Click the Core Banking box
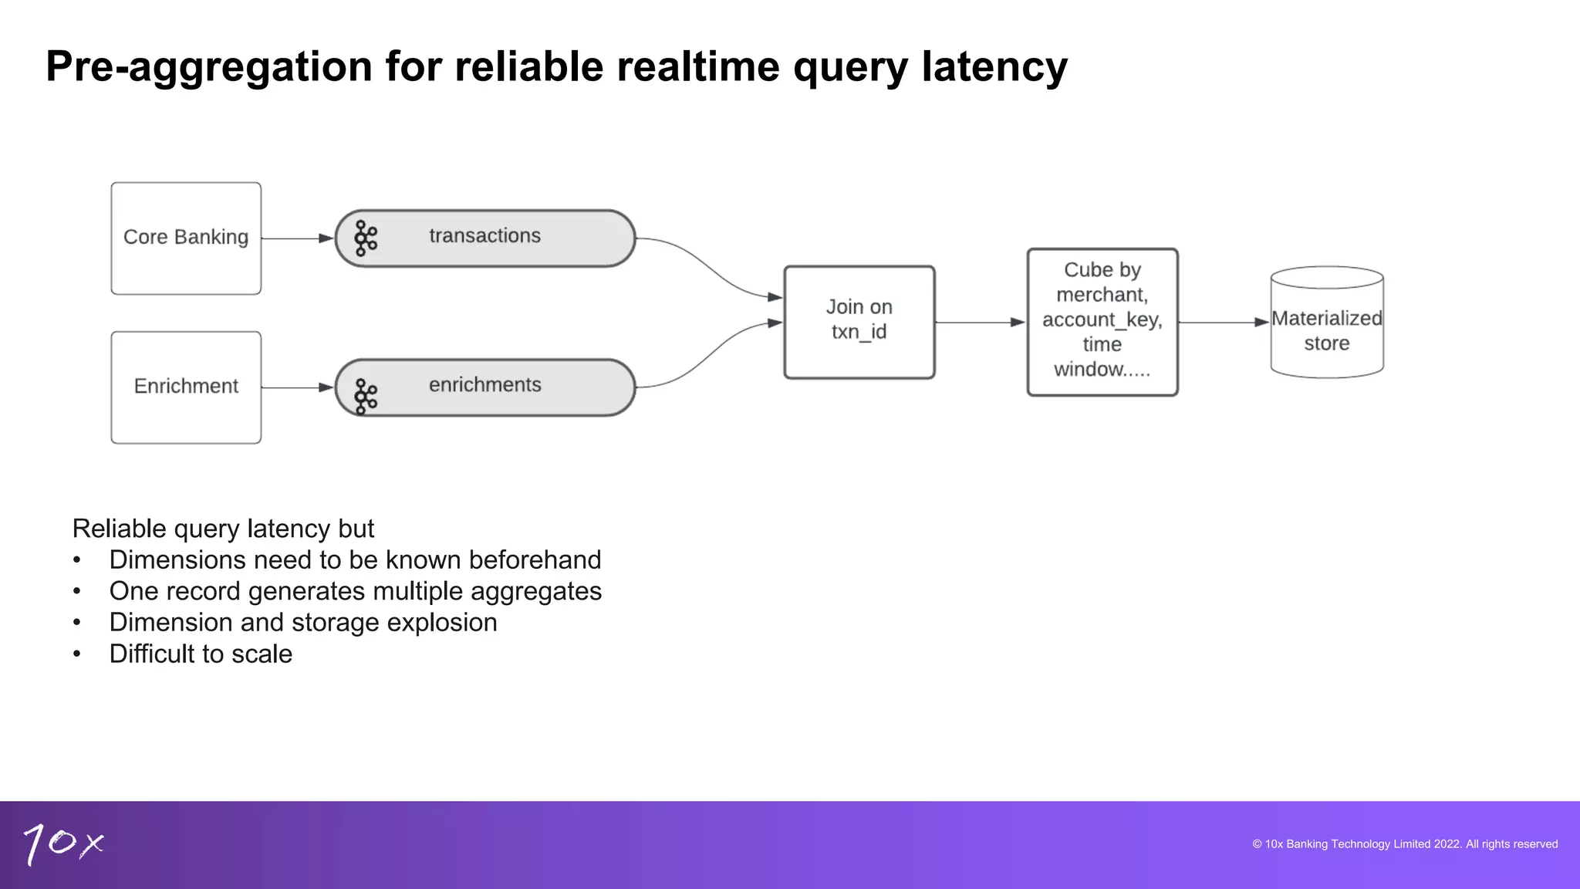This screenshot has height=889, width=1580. tap(186, 238)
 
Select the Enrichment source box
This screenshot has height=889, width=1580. tap(186, 387)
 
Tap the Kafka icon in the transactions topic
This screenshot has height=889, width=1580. tap(366, 238)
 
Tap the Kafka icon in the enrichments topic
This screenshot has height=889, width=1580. tap(366, 397)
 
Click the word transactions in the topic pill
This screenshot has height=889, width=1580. tap(484, 235)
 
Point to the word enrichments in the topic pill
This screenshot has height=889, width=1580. tap(484, 384)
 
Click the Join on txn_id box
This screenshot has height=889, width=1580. tap(859, 321)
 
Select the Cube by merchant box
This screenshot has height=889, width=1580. tap(1102, 321)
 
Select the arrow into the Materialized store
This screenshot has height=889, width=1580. tap(1224, 322)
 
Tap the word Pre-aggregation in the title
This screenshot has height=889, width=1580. tap(209, 66)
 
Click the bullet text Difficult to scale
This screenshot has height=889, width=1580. tap(201, 654)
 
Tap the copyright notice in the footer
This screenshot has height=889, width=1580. tap(1404, 844)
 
